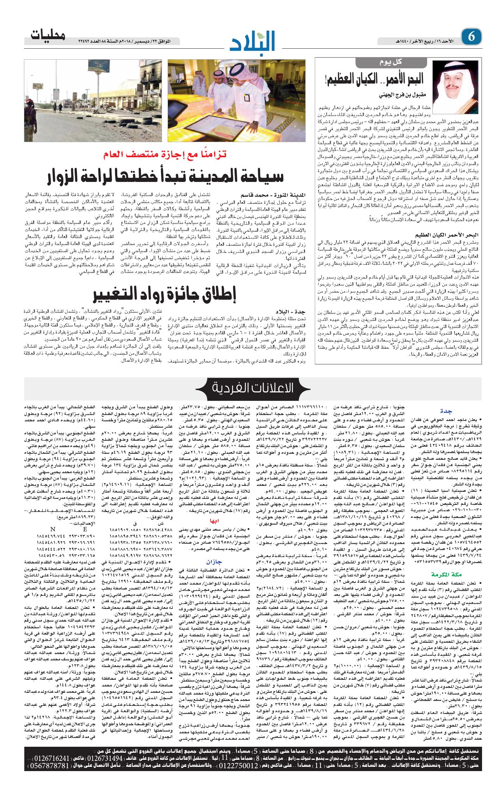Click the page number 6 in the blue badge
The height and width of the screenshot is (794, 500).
click(x=471, y=37)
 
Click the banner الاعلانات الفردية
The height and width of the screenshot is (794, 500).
click(x=252, y=388)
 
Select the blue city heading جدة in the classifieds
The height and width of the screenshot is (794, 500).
click(x=446, y=411)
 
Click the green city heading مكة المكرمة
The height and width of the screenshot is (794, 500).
click(x=446, y=574)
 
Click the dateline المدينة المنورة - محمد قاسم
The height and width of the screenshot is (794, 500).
click(x=273, y=195)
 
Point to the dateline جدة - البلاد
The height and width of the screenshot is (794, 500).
click(x=291, y=312)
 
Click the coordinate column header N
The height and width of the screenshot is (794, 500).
click(x=53, y=529)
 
